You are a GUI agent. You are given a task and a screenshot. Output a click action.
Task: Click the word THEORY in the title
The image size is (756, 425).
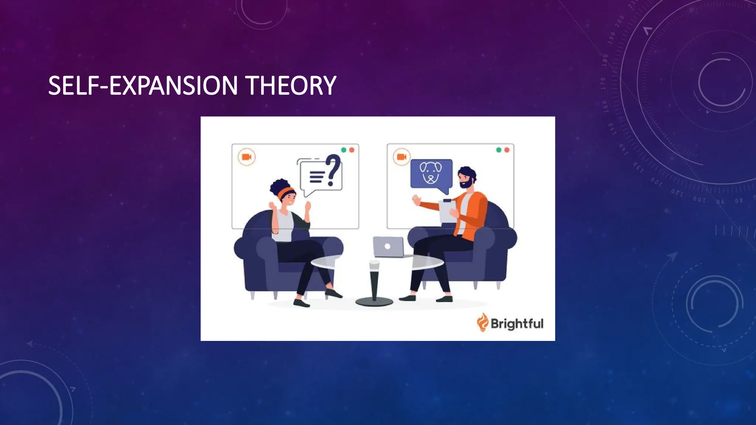(x=291, y=86)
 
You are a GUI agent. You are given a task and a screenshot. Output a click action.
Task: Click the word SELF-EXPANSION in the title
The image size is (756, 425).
(x=143, y=86)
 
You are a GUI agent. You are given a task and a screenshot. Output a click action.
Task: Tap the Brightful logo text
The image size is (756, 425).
(x=517, y=324)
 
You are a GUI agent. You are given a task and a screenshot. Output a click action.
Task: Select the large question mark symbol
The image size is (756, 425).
(x=333, y=169)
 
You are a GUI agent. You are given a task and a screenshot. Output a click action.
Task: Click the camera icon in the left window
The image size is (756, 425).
(x=247, y=157)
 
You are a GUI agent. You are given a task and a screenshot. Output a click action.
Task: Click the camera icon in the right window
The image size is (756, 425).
(x=402, y=157)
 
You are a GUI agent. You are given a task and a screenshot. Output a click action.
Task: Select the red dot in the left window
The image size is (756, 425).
(x=352, y=150)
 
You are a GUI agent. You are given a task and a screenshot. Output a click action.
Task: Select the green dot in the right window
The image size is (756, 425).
(x=499, y=150)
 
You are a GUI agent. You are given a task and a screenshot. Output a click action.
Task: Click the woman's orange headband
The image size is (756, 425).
(x=286, y=192)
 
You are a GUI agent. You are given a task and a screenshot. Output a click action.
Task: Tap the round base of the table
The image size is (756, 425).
(x=374, y=302)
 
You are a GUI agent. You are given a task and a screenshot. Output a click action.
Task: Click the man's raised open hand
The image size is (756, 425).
(x=416, y=200)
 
